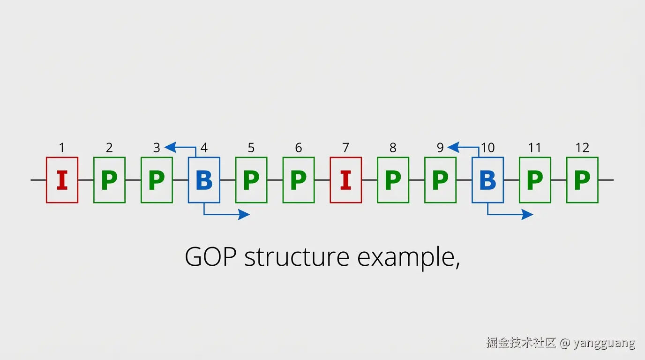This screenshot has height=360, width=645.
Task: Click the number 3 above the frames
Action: (157, 148)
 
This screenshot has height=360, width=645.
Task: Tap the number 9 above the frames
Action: (440, 148)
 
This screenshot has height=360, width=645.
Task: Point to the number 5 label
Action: (251, 148)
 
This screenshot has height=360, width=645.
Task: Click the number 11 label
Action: (535, 148)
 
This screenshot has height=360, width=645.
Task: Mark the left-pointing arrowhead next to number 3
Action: (171, 148)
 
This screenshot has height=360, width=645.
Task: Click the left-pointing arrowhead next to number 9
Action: (454, 148)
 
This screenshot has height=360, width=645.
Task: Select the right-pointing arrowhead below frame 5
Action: (244, 215)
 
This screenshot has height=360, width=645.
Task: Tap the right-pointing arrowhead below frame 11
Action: (527, 215)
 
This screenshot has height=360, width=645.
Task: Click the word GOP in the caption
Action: (211, 256)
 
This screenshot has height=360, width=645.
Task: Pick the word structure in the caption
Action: (297, 256)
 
